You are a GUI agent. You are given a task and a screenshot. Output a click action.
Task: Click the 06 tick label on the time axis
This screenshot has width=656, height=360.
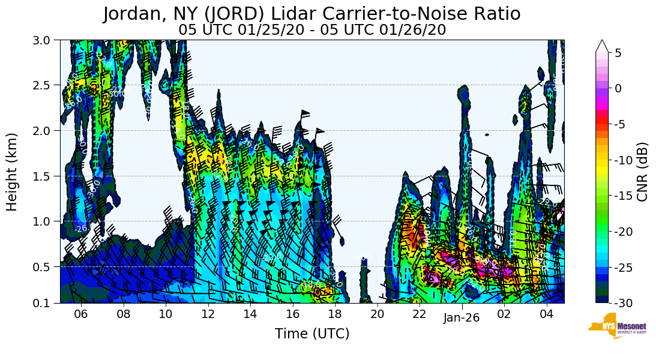click(81, 314)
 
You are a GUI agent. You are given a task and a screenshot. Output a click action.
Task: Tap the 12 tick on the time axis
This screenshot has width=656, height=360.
click(208, 314)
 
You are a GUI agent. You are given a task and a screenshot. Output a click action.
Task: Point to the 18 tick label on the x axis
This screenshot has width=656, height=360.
click(334, 314)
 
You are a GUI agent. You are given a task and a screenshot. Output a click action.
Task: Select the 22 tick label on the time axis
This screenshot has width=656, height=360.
click(419, 314)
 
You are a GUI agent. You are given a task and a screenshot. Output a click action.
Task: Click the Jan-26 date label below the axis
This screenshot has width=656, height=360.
click(462, 319)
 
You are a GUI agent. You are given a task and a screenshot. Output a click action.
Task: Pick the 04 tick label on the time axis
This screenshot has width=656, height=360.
click(546, 314)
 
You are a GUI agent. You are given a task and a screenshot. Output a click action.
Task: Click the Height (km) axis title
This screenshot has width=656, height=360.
click(12, 172)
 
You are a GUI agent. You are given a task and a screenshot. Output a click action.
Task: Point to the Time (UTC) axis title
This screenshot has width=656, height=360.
click(312, 334)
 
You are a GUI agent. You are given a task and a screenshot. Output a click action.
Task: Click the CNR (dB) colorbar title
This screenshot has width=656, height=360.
click(642, 172)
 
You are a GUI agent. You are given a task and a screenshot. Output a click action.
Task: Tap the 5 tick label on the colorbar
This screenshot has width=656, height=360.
click(618, 53)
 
